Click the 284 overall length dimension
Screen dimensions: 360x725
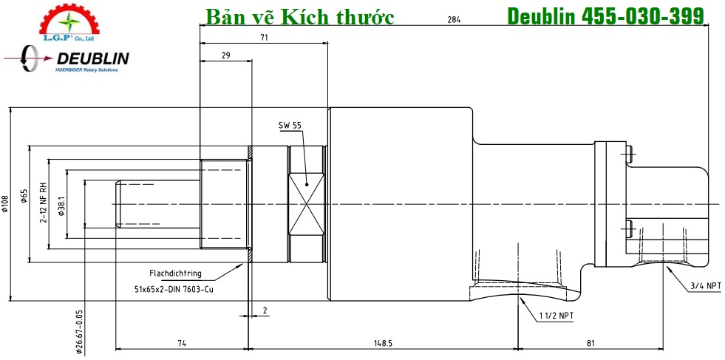point(454,20)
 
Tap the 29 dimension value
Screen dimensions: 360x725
point(225,55)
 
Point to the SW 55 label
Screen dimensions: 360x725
point(290,126)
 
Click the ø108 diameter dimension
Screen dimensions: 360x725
point(5,203)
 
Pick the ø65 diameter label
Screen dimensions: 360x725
point(24,196)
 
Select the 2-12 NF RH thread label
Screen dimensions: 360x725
point(44,203)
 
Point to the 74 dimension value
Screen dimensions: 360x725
point(181,344)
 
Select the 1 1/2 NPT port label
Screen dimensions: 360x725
point(556,316)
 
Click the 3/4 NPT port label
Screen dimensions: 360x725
point(705,285)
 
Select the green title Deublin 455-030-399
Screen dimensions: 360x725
point(605,16)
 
